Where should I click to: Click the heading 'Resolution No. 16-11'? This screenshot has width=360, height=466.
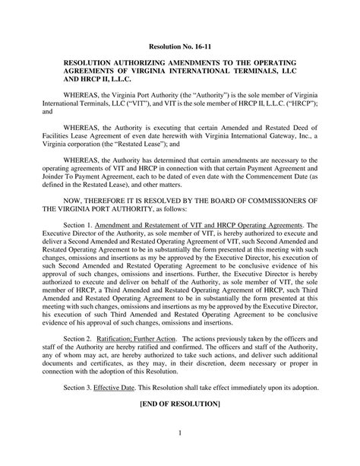point(179,46)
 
